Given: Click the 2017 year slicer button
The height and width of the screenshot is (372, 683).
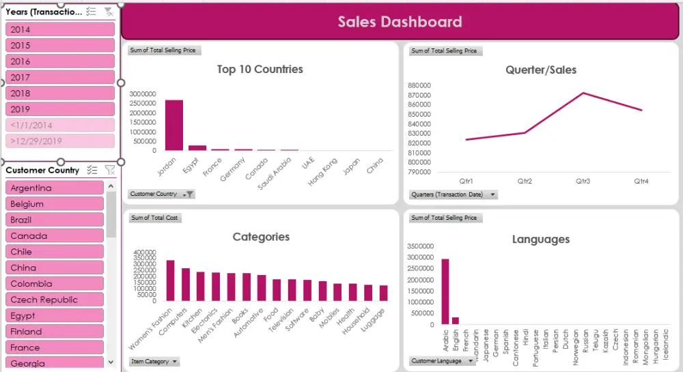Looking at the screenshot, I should click(60, 77).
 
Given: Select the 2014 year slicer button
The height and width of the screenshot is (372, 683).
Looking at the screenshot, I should click(60, 29).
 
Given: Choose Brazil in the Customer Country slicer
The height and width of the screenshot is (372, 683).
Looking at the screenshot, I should click(55, 220).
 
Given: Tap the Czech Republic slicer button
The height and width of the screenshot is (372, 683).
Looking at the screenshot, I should click(55, 300).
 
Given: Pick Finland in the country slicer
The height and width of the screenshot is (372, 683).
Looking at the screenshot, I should click(55, 332).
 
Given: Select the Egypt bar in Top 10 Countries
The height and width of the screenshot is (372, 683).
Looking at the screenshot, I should click(197, 147).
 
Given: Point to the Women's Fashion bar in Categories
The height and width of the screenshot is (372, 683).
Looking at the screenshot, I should click(170, 281).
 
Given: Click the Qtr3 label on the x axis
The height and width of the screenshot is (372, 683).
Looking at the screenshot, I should click(583, 181).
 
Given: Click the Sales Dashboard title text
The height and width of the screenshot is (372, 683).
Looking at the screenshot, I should click(400, 22).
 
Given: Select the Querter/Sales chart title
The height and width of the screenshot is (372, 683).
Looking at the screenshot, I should click(541, 70).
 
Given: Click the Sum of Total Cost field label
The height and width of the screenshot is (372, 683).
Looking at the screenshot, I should click(154, 218).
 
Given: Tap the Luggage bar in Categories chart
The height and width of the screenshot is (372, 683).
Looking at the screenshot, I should click(383, 293).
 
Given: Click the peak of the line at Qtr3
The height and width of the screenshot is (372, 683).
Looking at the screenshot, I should click(583, 93).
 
